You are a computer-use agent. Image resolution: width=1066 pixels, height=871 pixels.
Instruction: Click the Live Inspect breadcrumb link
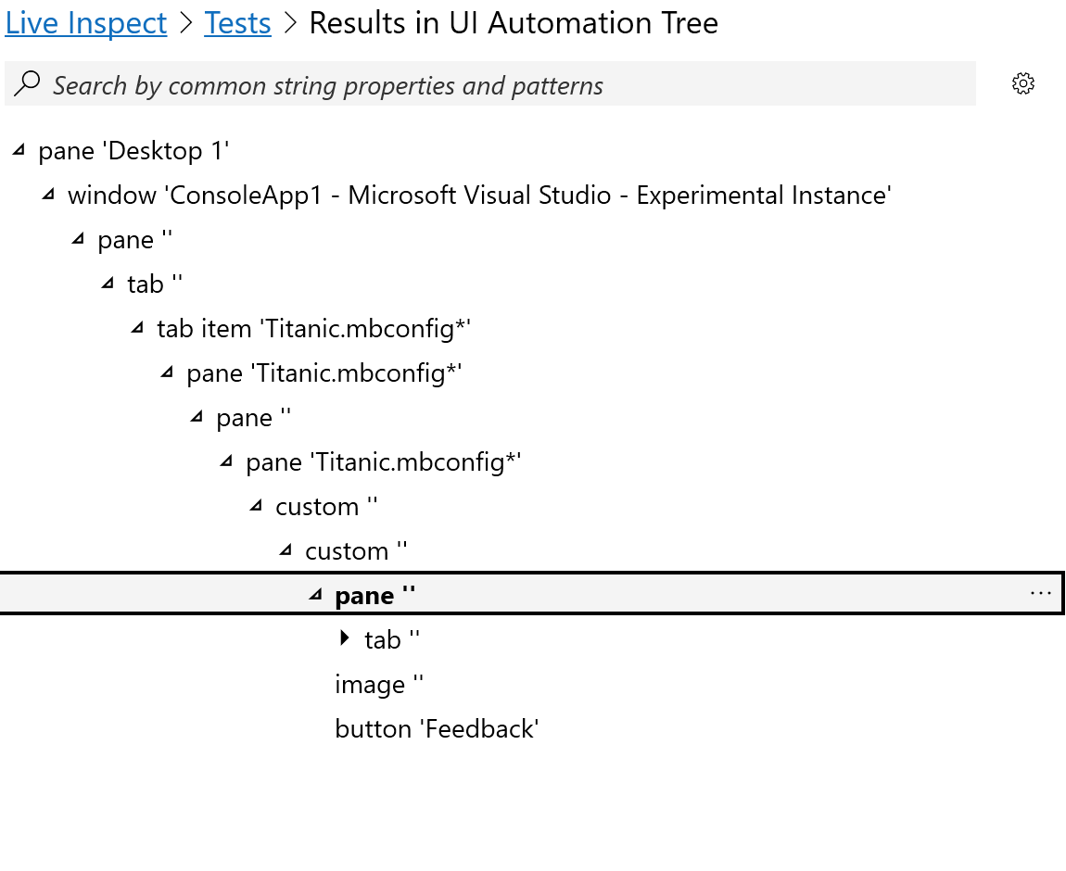click(x=86, y=23)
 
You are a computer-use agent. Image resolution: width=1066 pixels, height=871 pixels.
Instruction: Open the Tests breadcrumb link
click(x=237, y=23)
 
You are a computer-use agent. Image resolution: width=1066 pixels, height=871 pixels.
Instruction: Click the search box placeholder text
click(x=327, y=86)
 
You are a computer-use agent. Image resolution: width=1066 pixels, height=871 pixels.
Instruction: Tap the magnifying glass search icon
click(x=28, y=83)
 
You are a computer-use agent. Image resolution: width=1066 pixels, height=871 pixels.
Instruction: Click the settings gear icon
click(x=1022, y=83)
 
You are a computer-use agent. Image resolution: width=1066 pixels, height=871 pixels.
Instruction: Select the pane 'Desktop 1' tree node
click(x=133, y=151)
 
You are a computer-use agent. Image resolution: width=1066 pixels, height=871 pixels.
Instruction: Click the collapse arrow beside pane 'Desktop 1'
click(x=19, y=150)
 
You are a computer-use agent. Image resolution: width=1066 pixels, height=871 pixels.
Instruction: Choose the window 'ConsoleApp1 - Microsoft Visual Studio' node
click(x=478, y=196)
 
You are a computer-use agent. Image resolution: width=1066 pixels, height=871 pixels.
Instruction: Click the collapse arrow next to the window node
click(x=48, y=195)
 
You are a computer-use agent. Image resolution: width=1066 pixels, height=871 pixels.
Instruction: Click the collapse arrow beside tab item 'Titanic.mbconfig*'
click(x=137, y=328)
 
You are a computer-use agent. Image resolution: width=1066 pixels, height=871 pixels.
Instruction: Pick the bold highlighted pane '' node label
click(x=374, y=596)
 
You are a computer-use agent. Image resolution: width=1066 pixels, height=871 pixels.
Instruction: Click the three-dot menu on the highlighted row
click(x=1040, y=593)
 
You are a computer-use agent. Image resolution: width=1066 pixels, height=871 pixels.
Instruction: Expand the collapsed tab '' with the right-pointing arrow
click(x=345, y=638)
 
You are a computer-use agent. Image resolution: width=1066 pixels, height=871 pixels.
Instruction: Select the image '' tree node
click(x=379, y=685)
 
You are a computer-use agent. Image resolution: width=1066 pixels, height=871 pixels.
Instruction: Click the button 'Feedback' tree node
click(x=437, y=729)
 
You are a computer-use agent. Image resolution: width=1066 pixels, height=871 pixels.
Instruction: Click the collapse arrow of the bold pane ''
click(x=315, y=595)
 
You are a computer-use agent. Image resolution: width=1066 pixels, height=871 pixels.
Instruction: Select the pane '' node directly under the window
click(x=134, y=240)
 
